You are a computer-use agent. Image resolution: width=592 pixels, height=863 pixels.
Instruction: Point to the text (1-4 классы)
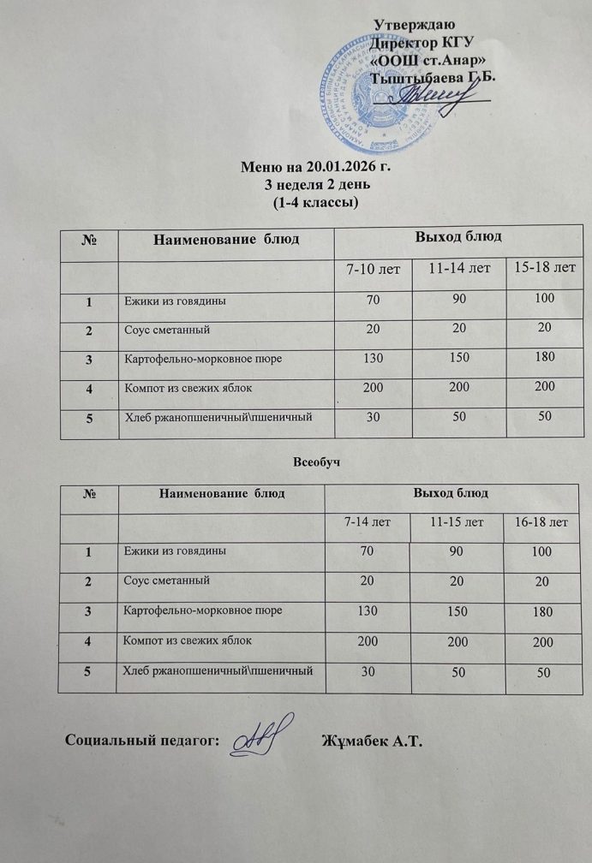[x=314, y=202]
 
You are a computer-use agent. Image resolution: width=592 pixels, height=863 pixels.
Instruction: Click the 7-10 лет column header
[x=373, y=269]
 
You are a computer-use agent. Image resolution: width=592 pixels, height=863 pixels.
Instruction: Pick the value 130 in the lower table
[x=368, y=612]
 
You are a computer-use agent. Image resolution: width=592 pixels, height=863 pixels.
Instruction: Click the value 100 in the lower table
[x=541, y=553]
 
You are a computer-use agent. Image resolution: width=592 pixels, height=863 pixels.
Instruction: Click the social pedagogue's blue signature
[x=263, y=737]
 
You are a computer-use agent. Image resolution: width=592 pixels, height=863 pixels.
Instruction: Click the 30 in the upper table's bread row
[x=373, y=417]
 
